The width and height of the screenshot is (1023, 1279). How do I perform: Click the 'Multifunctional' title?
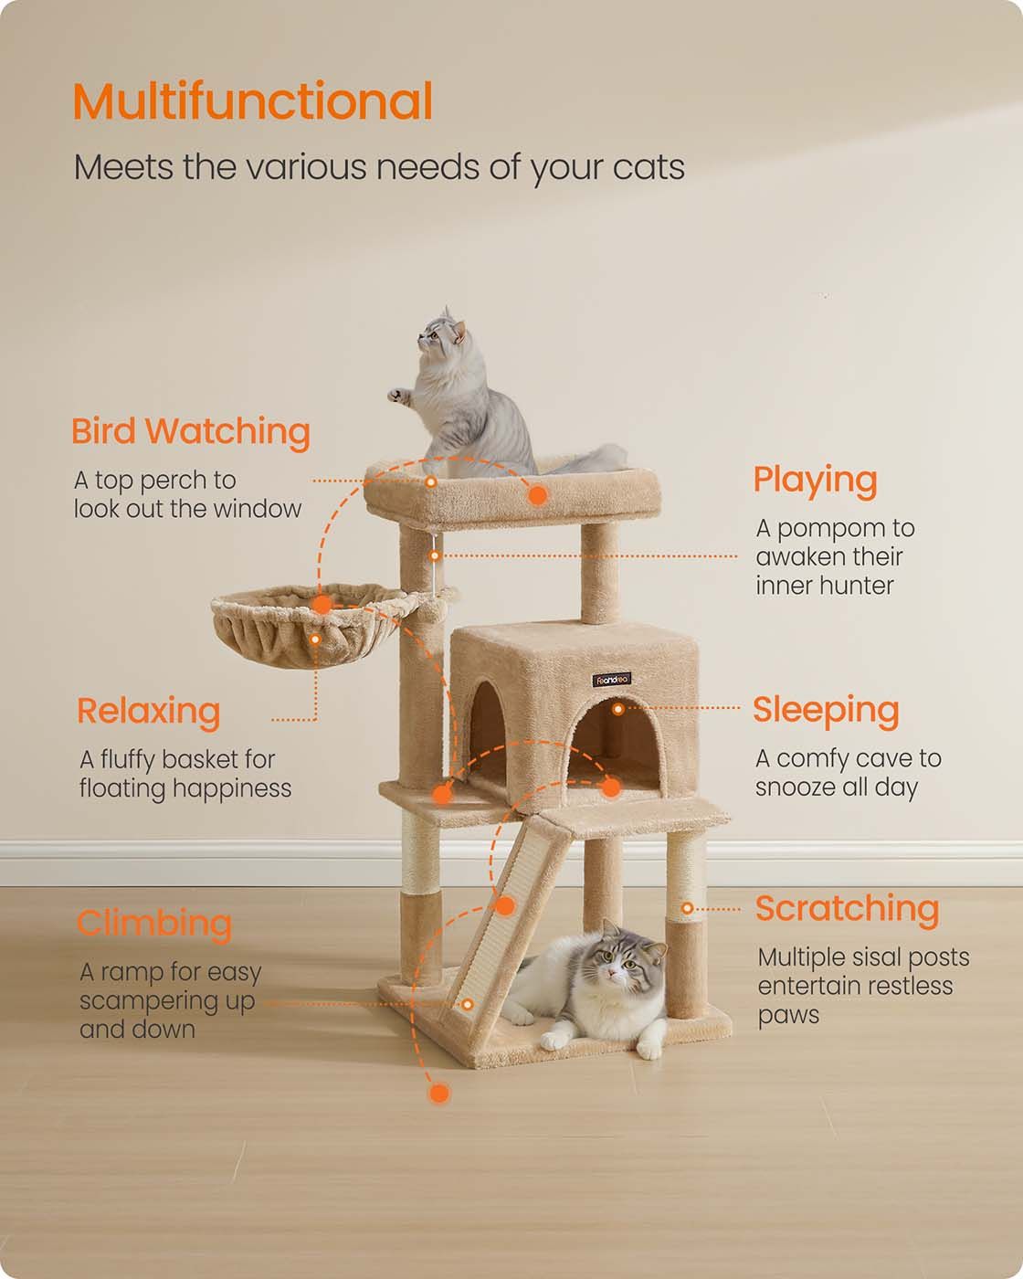click(253, 101)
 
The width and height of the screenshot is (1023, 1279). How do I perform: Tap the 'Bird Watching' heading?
click(191, 432)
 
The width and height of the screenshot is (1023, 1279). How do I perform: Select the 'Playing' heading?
click(815, 481)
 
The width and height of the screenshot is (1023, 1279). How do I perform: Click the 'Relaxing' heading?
click(149, 712)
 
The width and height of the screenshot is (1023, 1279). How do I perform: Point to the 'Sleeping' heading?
click(826, 711)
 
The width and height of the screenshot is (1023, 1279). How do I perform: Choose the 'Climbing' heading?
click(154, 925)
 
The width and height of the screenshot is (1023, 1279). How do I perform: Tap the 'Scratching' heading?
click(847, 910)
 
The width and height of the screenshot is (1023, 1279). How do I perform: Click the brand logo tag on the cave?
click(611, 680)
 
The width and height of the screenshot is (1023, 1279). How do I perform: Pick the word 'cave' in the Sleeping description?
click(882, 759)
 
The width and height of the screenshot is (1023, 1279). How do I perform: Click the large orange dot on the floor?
click(439, 1093)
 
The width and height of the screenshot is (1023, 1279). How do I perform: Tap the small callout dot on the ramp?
click(468, 1004)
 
